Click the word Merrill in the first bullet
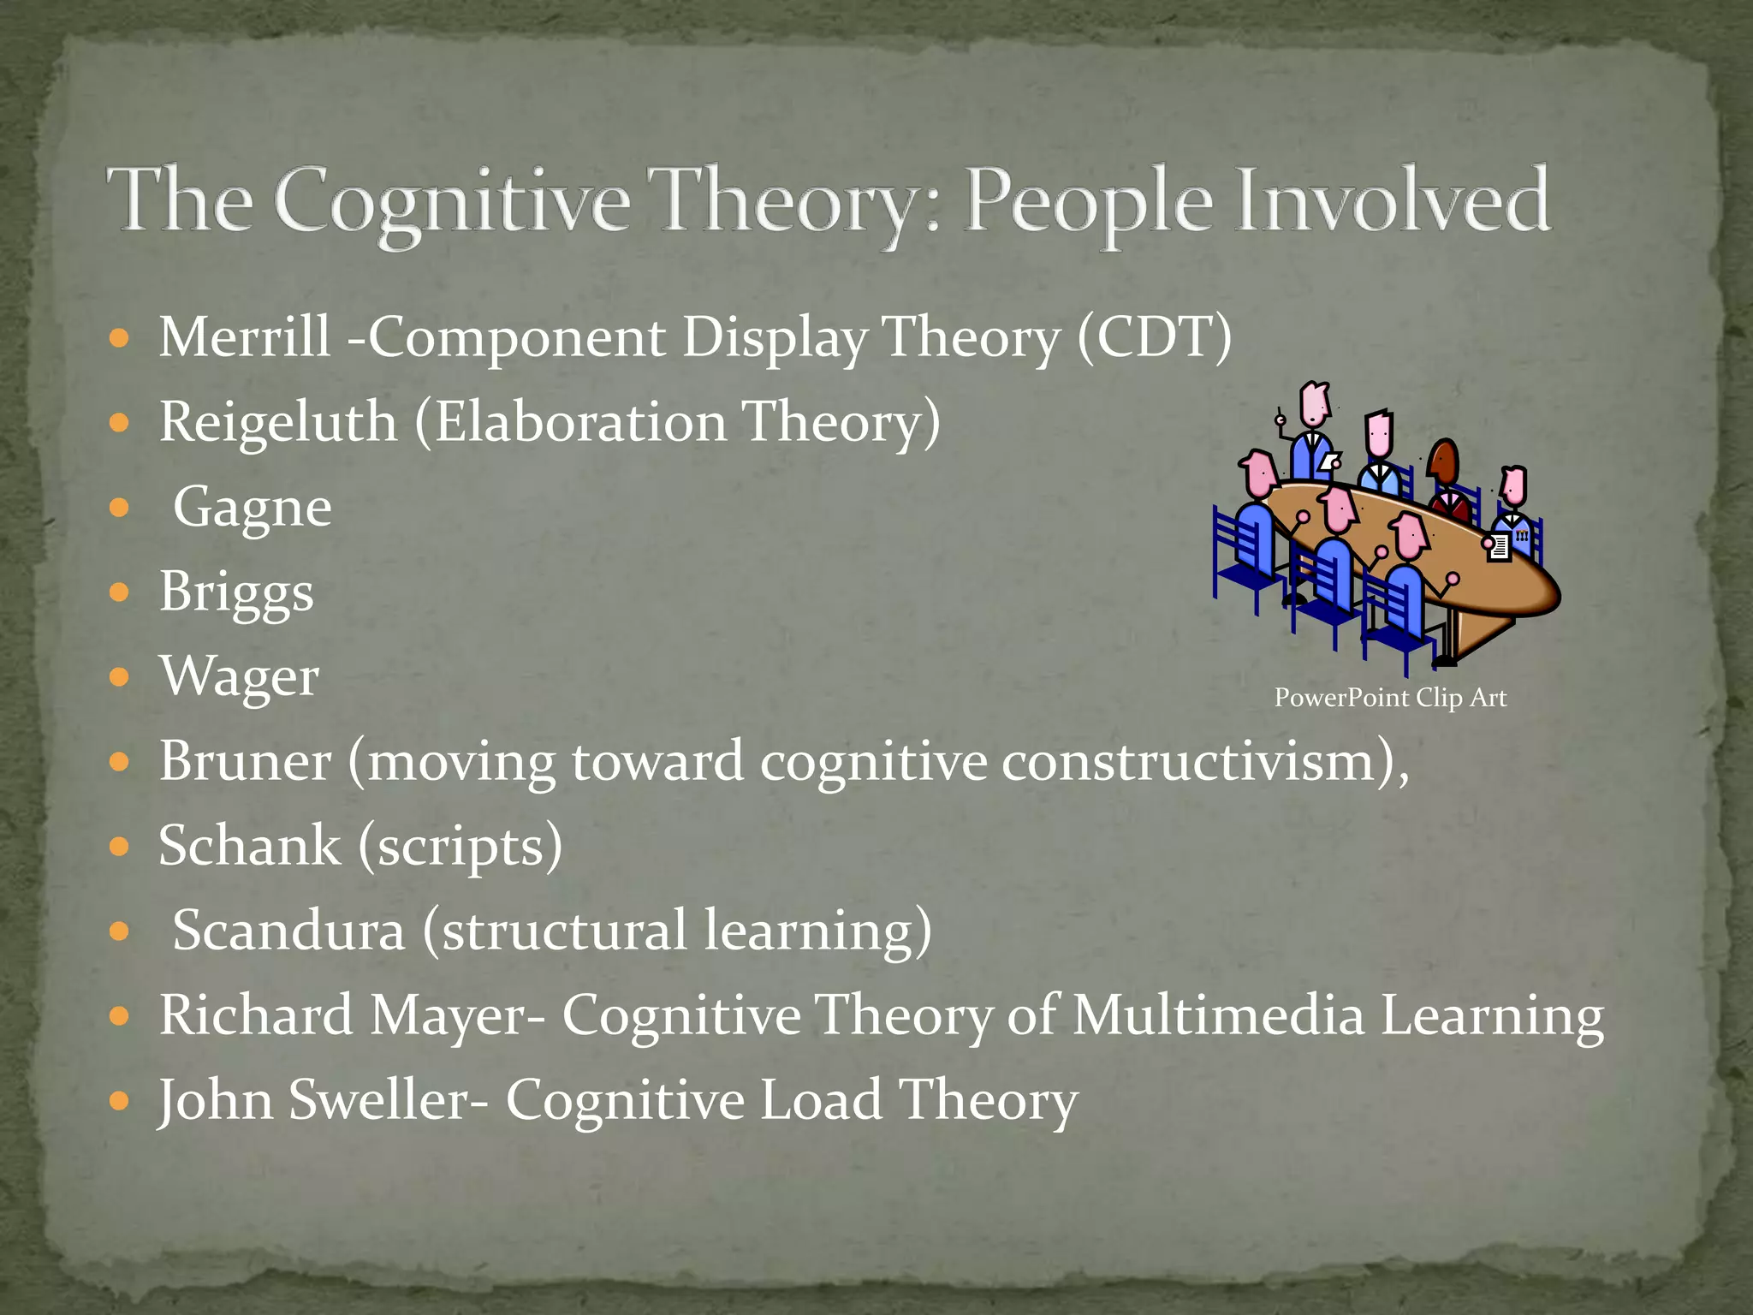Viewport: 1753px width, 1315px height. tap(245, 337)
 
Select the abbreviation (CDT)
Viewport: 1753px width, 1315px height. tap(1155, 337)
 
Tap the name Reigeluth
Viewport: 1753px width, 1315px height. tap(278, 422)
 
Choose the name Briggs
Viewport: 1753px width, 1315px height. tap(237, 592)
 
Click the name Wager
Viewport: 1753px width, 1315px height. tap(240, 677)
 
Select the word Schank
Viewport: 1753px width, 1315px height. tap(250, 846)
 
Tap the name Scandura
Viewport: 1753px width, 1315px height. tap(288, 931)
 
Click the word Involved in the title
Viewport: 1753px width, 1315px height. tap(1387, 201)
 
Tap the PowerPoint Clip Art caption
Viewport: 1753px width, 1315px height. tap(1390, 698)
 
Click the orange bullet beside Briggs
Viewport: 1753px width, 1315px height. tap(120, 592)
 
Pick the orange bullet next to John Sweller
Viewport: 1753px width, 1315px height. tap(120, 1100)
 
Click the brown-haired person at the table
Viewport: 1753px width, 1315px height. tap(1444, 467)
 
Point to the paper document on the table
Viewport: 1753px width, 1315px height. tap(1499, 546)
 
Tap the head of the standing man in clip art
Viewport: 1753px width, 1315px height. tap(1315, 403)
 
